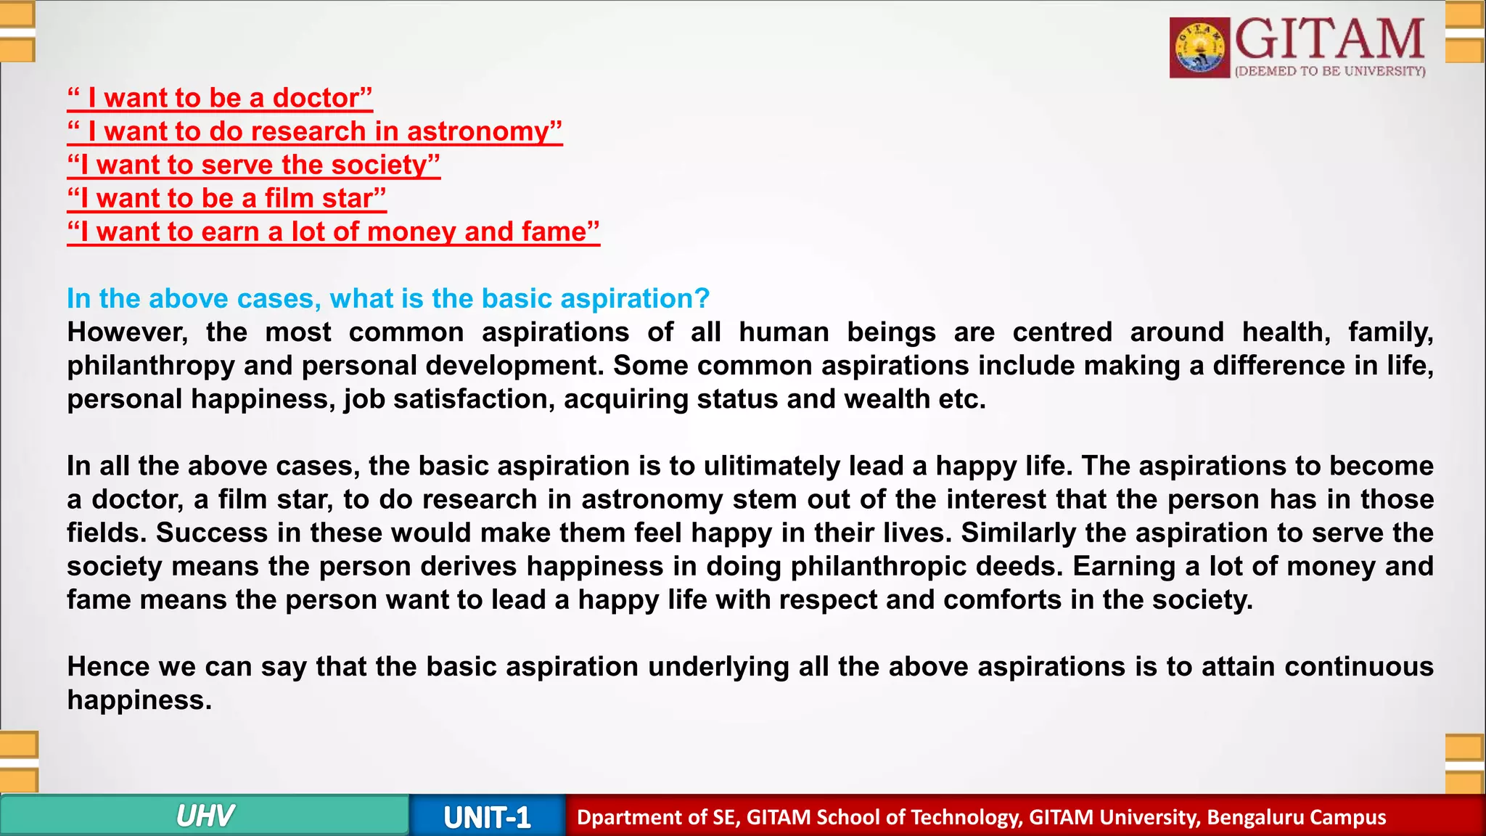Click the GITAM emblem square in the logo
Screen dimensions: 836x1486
pos(1200,48)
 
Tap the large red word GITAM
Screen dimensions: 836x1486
pos(1329,40)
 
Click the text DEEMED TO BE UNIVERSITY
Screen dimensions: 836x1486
pos(1330,71)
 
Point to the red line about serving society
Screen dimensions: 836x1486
pos(253,165)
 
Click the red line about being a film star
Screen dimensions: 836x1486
pos(226,198)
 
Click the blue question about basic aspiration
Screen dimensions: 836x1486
pos(388,298)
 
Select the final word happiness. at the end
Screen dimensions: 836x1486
pos(139,700)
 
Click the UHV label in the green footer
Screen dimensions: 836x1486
pos(205,816)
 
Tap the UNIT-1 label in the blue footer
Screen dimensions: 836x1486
pos(487,818)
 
